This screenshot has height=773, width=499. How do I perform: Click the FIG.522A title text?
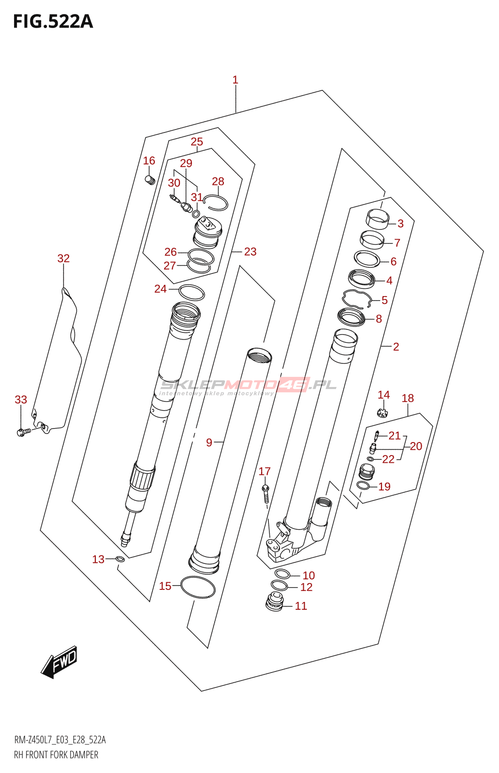53,22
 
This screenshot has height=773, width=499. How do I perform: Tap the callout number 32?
63,258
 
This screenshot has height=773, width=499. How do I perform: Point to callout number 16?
149,160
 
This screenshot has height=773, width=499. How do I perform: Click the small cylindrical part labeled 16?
149,180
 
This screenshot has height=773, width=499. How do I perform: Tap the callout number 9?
209,442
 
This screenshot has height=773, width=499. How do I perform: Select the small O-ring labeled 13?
120,559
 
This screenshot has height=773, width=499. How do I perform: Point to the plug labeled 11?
275,602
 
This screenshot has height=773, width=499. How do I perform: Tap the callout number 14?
383,395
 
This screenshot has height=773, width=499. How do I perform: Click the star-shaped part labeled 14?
382,413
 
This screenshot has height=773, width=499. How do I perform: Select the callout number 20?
416,446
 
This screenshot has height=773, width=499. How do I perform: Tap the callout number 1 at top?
235,80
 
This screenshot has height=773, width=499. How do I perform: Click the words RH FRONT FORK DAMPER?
56,755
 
